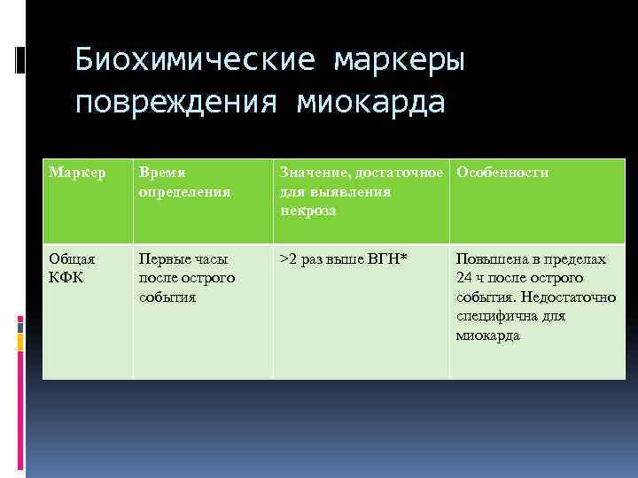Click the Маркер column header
[75, 173]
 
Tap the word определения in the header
[184, 191]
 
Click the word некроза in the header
[307, 211]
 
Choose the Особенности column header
[502, 173]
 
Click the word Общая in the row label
[74, 259]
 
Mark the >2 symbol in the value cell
[288, 259]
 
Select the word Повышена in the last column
[491, 259]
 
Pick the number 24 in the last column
[463, 278]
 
